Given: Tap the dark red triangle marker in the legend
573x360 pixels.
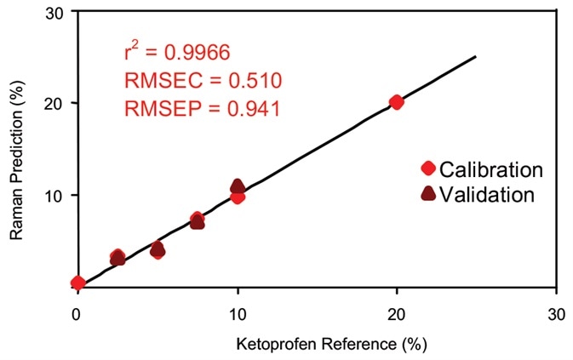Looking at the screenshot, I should point(427,193).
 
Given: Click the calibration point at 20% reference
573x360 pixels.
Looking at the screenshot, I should point(396,102).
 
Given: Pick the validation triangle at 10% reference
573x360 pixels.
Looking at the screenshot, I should point(238,186).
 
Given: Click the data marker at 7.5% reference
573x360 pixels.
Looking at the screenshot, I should point(197,220).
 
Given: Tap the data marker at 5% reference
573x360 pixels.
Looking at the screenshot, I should point(158,249).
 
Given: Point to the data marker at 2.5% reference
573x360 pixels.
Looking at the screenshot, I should point(117,257).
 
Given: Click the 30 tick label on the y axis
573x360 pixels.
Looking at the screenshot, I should point(54,12).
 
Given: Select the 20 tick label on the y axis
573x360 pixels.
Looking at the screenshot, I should point(54,103).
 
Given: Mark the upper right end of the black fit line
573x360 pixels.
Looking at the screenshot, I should point(475,57).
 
